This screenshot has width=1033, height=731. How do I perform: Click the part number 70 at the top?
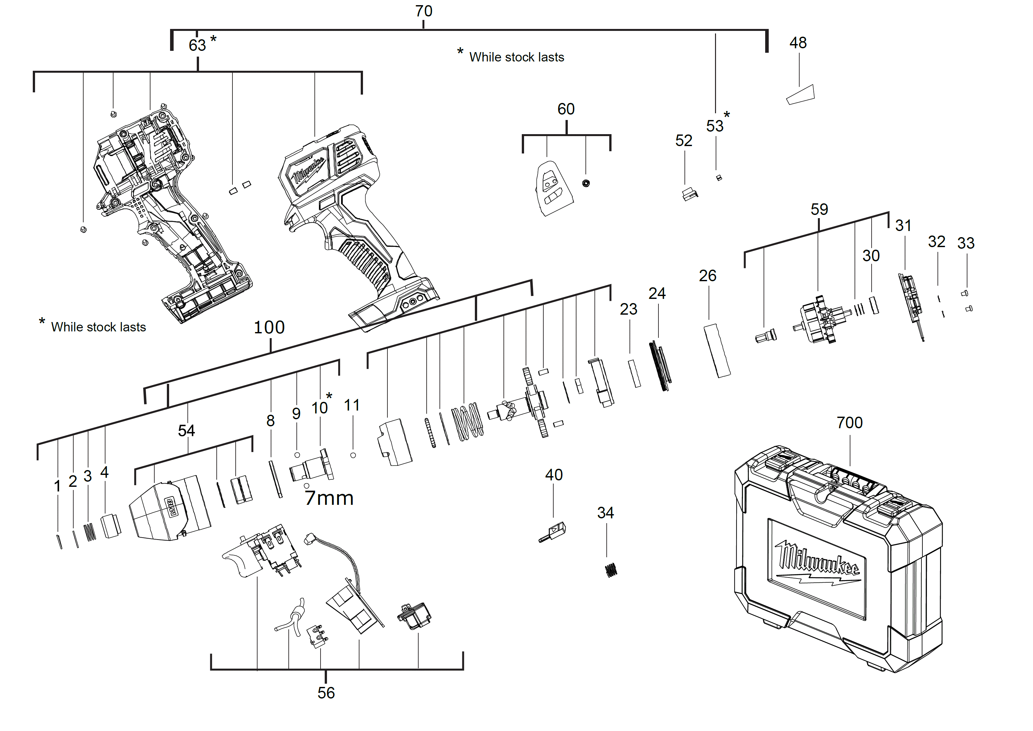point(423,11)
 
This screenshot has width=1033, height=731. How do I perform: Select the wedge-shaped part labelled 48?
point(801,95)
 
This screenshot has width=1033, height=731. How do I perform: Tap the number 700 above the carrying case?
point(849,423)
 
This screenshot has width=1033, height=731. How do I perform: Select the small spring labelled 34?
point(611,570)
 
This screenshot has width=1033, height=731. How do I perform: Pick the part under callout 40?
point(553,532)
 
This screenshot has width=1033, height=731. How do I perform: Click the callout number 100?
point(269,327)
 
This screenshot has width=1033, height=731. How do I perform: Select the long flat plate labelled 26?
point(717,351)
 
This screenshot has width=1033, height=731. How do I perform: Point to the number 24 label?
point(657,293)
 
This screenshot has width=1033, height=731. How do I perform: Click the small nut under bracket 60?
point(586,183)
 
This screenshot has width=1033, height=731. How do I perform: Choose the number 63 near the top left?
point(197,45)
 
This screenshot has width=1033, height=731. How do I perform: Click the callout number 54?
point(186,431)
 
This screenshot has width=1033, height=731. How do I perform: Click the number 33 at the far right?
point(965,243)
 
